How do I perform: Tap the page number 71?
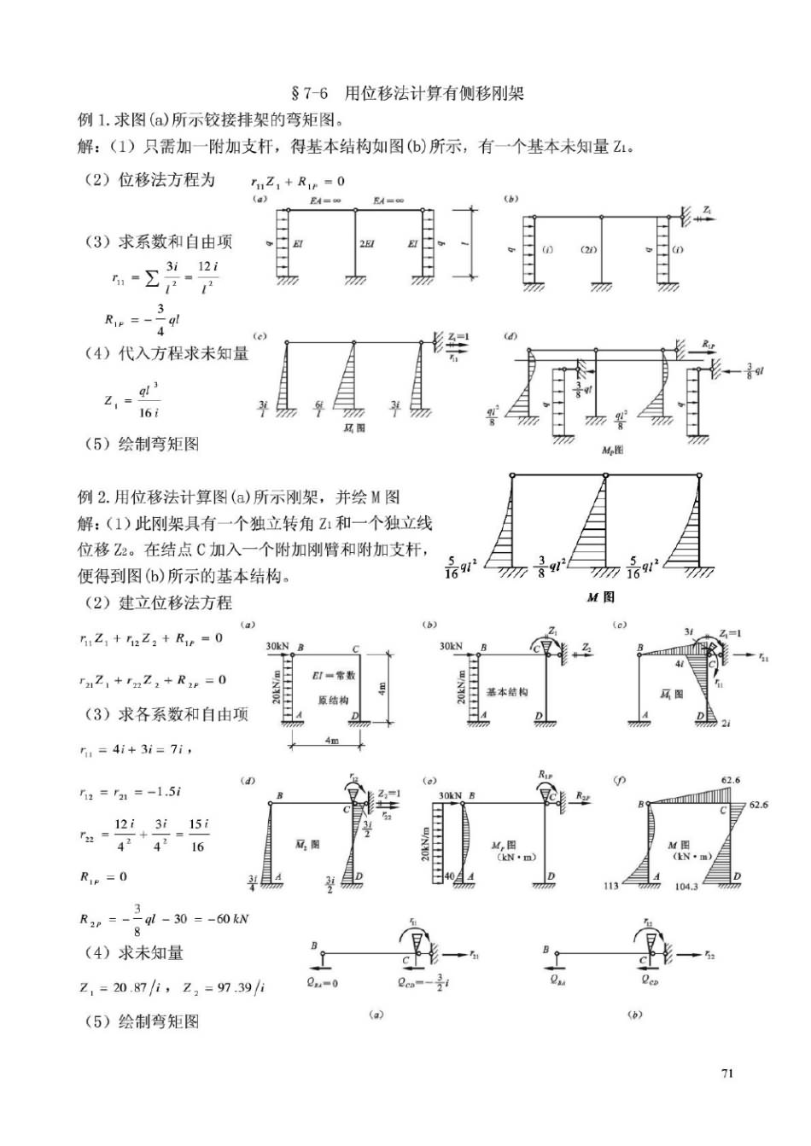click(x=727, y=1073)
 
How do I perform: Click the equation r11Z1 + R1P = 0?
click(x=297, y=181)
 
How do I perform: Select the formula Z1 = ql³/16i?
click(x=132, y=400)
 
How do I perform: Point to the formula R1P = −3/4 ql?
click(x=142, y=319)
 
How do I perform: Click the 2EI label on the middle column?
click(x=367, y=244)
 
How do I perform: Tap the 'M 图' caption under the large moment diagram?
click(x=600, y=597)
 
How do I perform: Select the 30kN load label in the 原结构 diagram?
click(x=277, y=646)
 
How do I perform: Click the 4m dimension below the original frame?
click(x=331, y=741)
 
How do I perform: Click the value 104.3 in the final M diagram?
click(x=686, y=887)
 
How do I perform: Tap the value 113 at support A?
click(x=611, y=886)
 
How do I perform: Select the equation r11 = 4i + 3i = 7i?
click(x=135, y=749)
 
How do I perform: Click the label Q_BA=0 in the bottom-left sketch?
click(x=323, y=982)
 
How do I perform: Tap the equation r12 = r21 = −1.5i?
click(x=130, y=792)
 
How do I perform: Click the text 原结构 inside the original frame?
click(x=333, y=700)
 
